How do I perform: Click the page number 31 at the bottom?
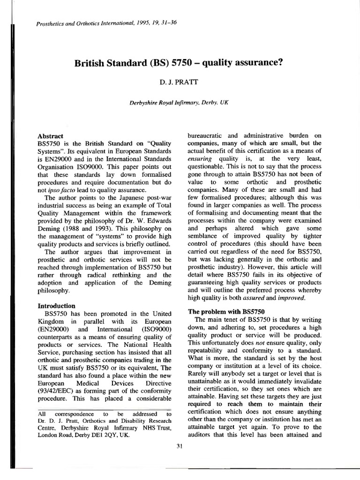(x=180, y=445)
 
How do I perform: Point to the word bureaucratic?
(x=208, y=135)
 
